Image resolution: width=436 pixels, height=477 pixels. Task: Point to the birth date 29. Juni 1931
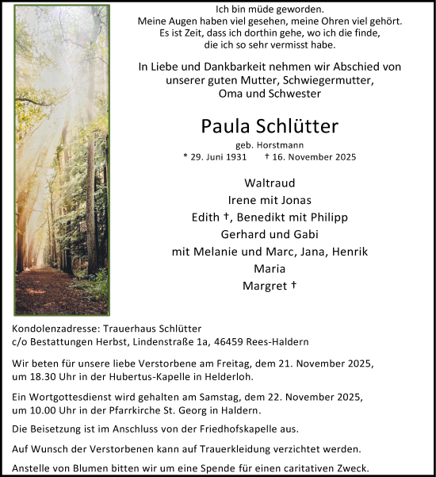[220, 156]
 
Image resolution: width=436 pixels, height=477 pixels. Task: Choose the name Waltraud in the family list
[271, 183]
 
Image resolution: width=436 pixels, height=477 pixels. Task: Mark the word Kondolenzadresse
[59, 329]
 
